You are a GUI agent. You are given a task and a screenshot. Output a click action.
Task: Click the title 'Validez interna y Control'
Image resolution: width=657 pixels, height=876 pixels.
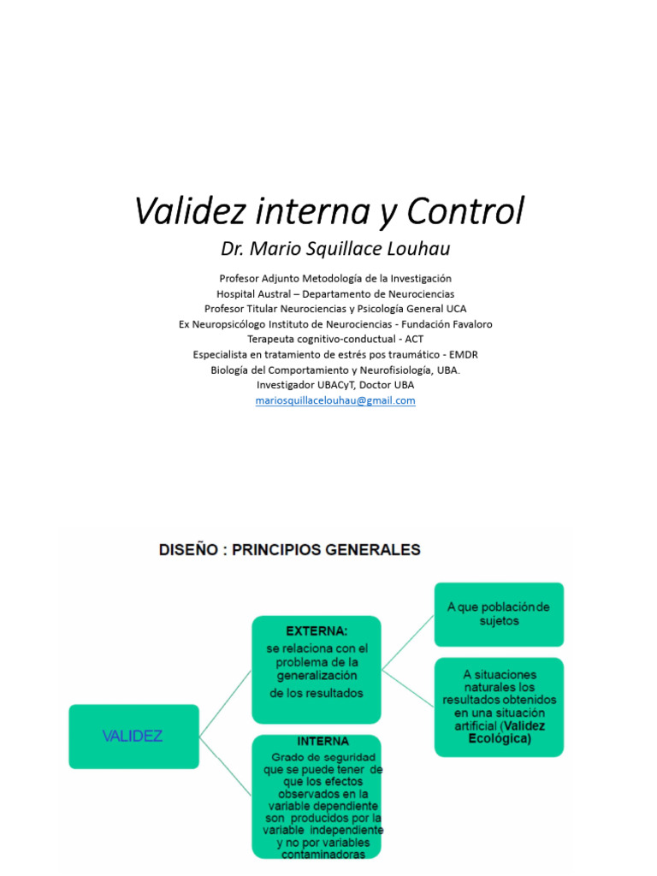click(329, 211)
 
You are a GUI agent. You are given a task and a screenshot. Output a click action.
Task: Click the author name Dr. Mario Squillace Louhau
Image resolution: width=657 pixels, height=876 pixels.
click(335, 249)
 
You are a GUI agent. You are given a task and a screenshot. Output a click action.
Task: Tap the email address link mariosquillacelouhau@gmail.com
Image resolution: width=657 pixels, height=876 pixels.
click(335, 400)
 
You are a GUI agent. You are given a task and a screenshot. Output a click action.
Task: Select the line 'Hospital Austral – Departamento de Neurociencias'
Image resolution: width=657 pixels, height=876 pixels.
click(335, 293)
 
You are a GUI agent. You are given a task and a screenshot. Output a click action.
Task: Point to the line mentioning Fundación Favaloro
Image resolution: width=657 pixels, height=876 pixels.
click(335, 324)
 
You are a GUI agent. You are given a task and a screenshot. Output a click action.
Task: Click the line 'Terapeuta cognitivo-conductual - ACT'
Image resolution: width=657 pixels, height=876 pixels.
click(335, 340)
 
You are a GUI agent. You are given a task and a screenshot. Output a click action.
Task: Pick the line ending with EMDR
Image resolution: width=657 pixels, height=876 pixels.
click(335, 355)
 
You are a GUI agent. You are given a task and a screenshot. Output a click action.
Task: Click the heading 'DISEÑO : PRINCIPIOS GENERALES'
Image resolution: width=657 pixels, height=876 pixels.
click(290, 550)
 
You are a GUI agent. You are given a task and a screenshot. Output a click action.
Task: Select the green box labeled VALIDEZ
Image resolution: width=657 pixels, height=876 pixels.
click(133, 736)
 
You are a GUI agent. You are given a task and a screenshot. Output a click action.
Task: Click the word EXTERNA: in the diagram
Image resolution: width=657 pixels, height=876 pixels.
click(317, 631)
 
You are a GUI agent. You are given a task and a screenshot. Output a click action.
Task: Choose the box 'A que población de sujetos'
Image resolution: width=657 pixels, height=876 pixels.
click(499, 614)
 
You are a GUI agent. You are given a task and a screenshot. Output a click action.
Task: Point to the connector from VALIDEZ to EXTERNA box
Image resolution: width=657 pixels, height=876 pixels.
click(225, 703)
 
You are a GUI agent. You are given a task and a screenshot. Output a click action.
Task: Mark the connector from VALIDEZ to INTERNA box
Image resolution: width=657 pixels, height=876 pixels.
click(225, 766)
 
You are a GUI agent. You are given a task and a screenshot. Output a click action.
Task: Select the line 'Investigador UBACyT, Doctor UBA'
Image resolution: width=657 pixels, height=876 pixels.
click(335, 386)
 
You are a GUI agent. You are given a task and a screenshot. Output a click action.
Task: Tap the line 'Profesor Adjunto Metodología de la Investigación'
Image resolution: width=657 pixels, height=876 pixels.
click(335, 278)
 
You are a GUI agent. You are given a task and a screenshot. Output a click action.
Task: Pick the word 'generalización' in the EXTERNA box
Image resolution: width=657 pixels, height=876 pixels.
click(317, 677)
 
